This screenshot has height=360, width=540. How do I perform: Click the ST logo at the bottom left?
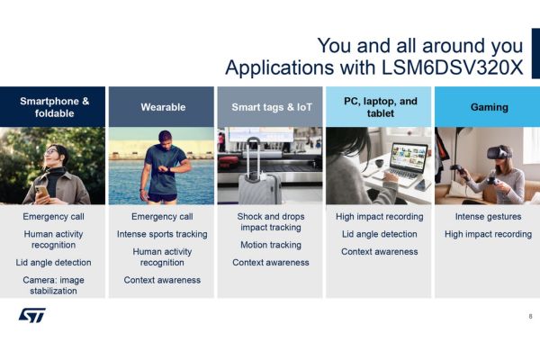32,315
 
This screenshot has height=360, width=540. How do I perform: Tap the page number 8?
530,316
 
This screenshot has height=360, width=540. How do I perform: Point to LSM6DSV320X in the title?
452,67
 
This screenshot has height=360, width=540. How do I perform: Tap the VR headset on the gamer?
498,152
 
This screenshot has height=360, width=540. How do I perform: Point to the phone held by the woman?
42,192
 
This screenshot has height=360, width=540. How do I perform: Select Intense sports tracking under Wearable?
162,234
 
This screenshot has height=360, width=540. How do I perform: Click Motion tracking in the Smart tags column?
271,245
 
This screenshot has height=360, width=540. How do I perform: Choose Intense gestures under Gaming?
488,217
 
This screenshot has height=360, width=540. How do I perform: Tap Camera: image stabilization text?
53,285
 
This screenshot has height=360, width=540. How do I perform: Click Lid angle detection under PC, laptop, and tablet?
379,234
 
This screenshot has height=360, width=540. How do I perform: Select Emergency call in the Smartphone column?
53,217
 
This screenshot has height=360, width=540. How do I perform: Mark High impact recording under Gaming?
488,234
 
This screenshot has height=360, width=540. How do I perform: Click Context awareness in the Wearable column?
162,280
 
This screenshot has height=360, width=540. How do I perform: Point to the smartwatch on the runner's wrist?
169,169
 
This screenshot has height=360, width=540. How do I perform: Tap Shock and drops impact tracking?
271,222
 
